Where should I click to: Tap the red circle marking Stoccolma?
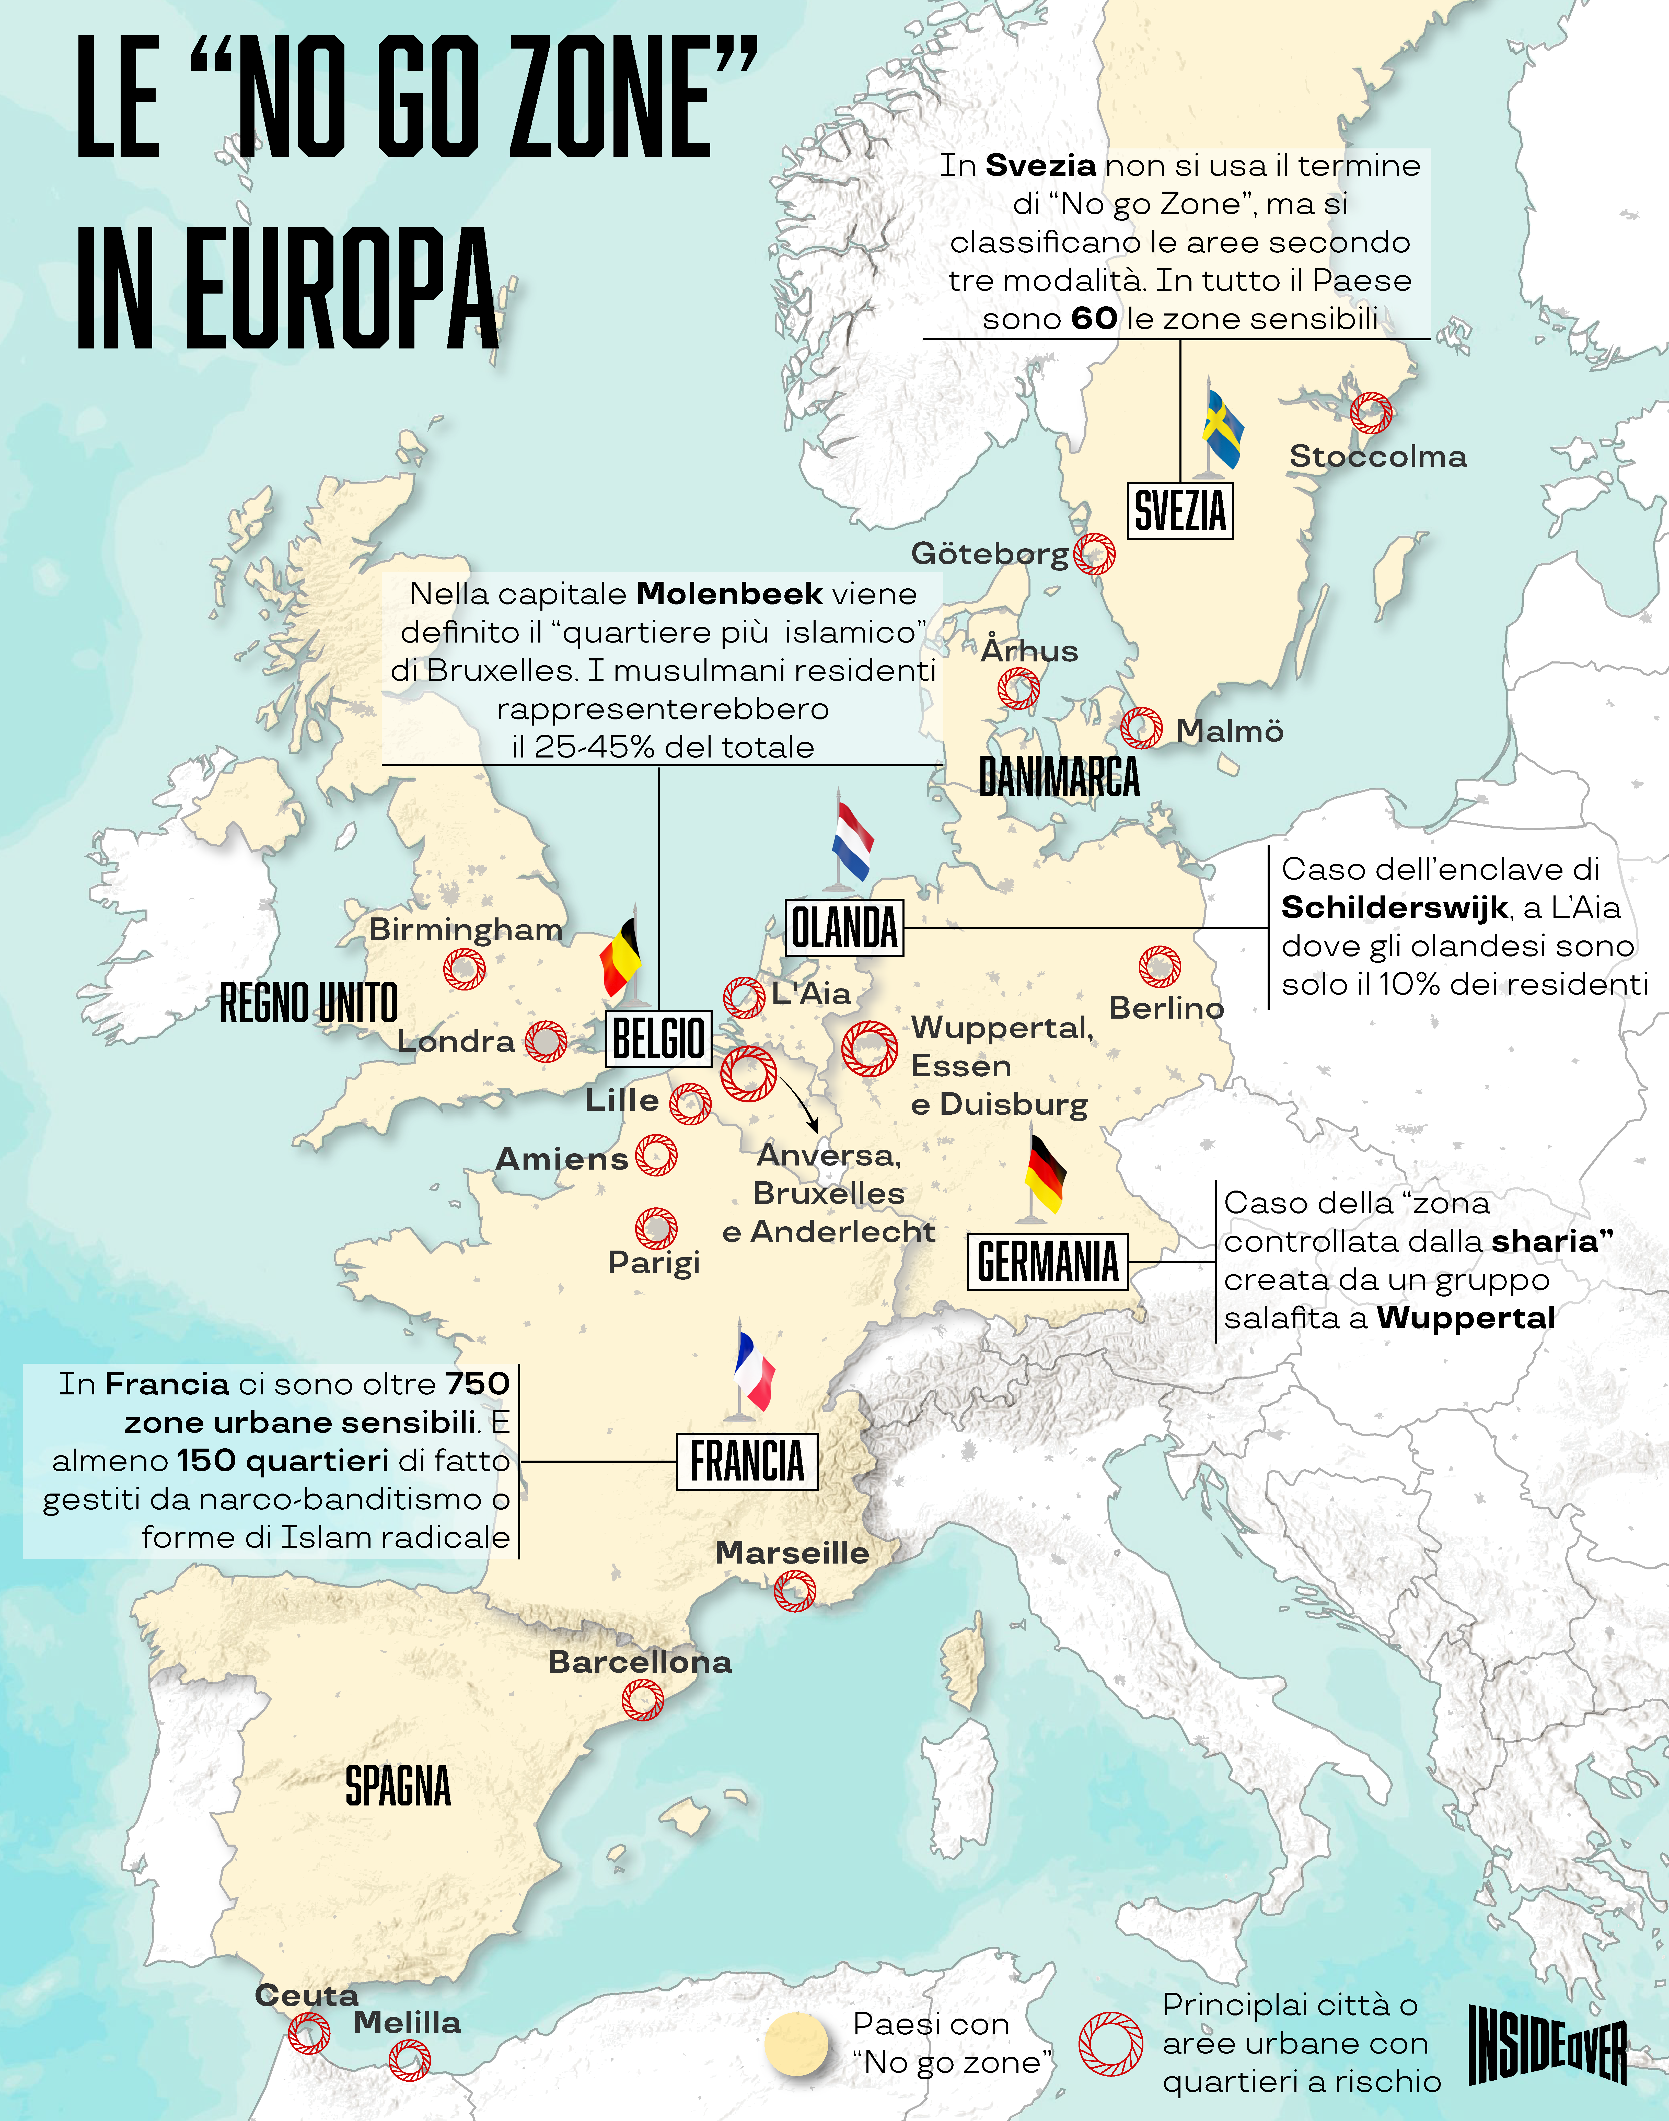click(x=1371, y=413)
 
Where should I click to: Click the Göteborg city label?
click(x=989, y=554)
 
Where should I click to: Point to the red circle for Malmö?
click(x=1141, y=728)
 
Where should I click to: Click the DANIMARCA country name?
click(x=1059, y=778)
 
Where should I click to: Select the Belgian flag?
click(x=620, y=958)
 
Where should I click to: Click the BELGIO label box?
click(x=659, y=1038)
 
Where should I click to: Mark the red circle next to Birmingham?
click(x=464, y=969)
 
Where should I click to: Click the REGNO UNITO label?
click(x=309, y=1003)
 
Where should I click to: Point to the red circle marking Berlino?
click(x=1159, y=966)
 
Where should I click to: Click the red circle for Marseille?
click(x=794, y=1591)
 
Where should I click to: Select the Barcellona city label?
click(x=640, y=1662)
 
